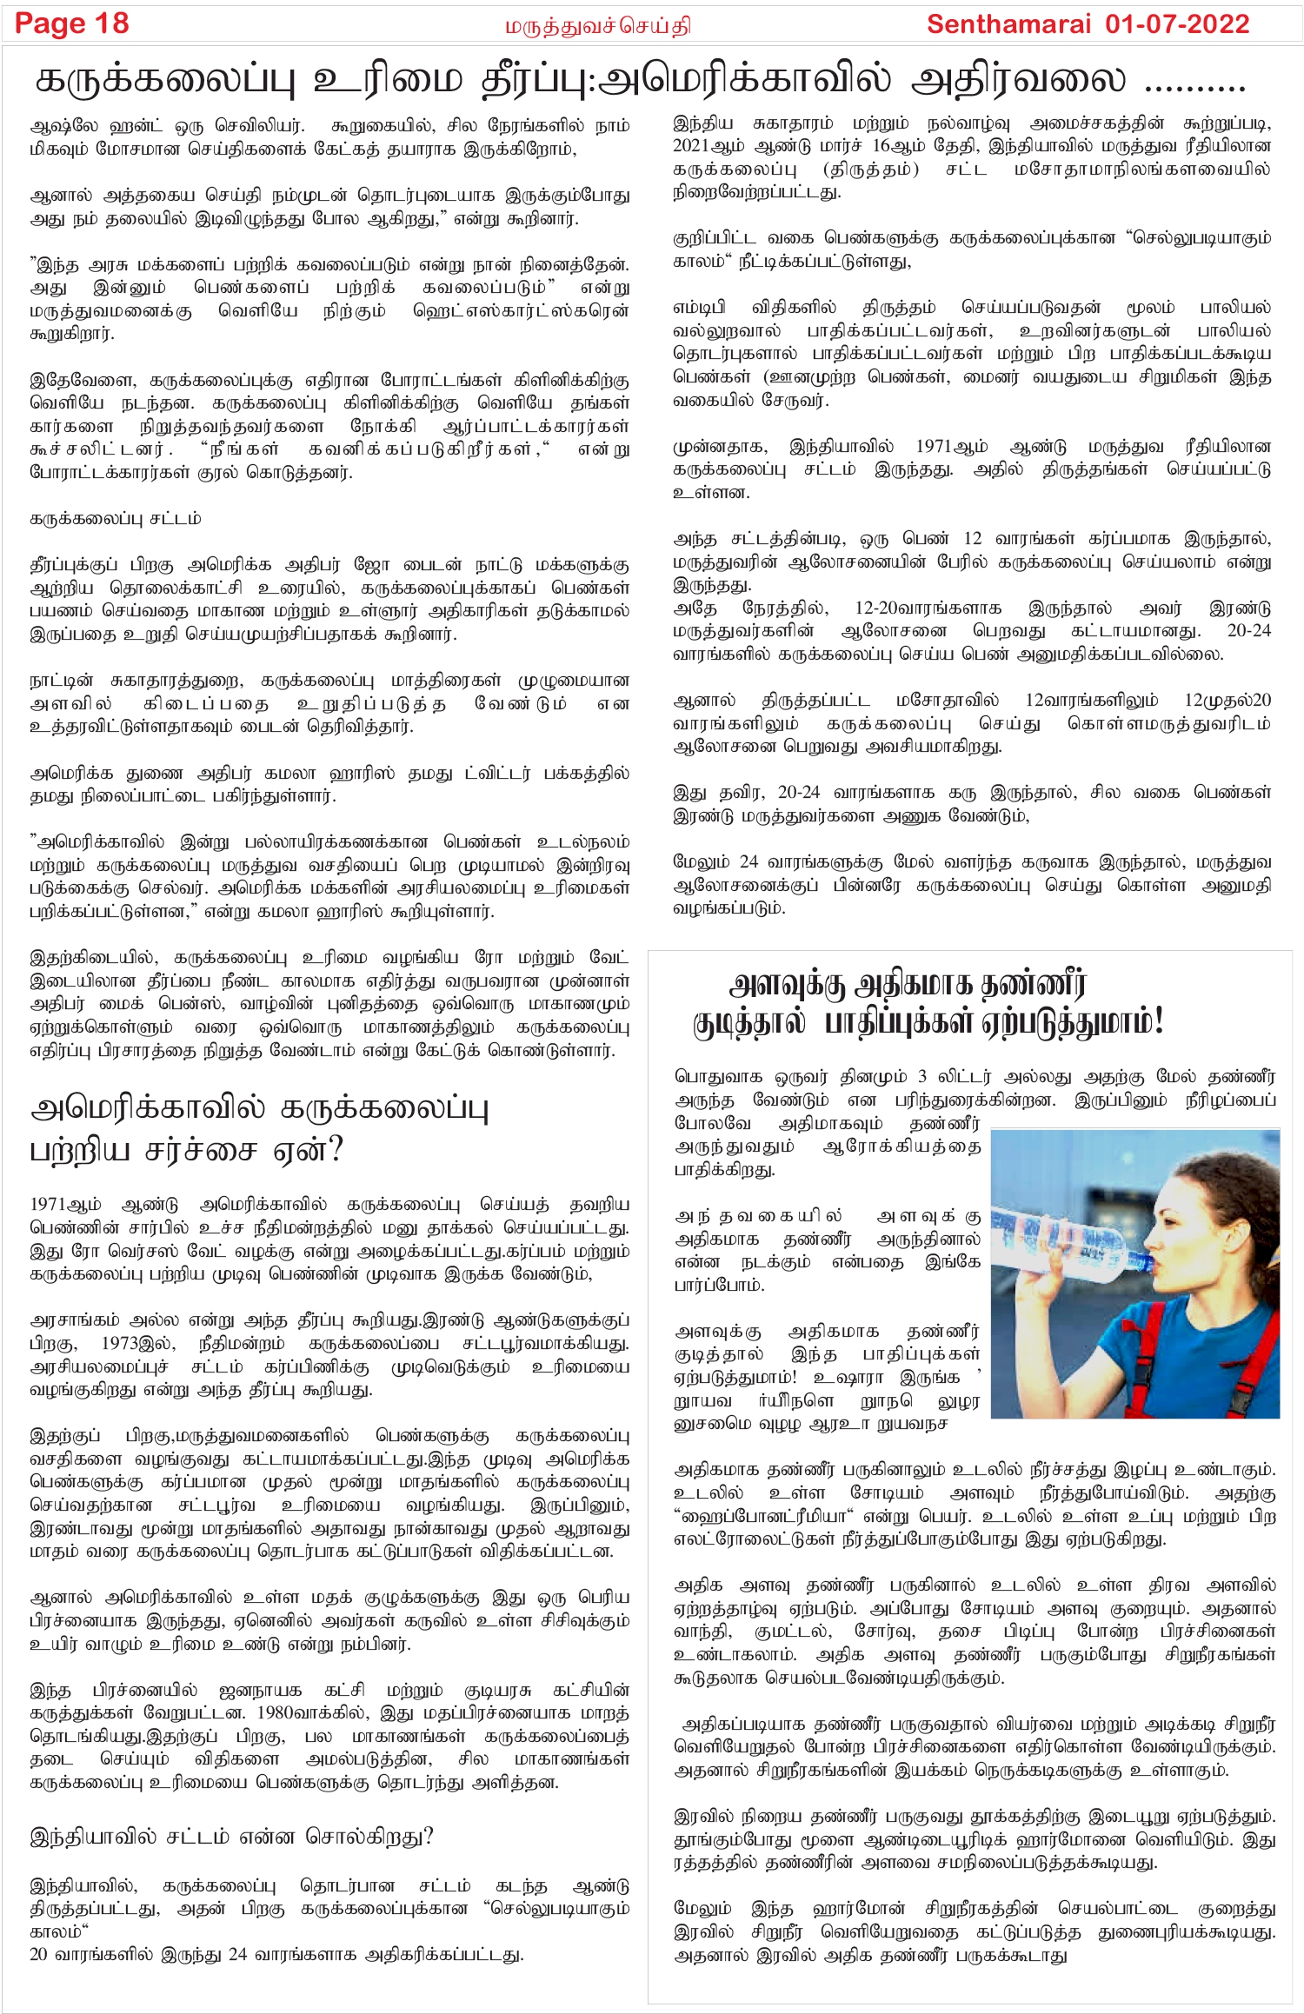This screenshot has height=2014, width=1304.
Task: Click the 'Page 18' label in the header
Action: pos(72,23)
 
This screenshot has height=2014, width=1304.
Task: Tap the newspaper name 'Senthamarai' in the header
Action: pos(1008,24)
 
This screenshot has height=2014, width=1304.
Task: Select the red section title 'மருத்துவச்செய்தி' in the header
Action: pos(598,27)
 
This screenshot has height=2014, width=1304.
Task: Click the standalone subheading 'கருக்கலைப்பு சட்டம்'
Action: pos(116,519)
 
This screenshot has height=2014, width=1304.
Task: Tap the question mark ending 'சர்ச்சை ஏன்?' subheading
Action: pos(336,1150)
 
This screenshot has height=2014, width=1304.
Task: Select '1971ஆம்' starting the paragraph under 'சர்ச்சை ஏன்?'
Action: pos(65,1205)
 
